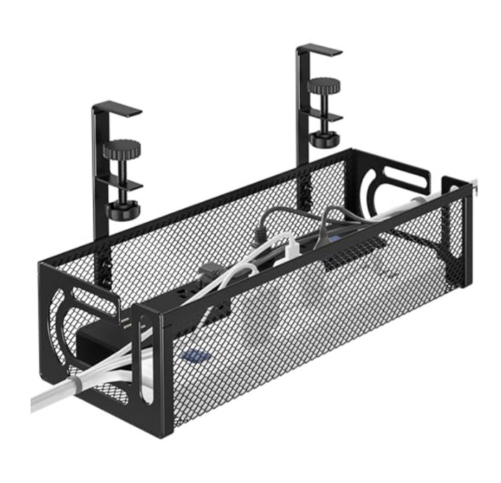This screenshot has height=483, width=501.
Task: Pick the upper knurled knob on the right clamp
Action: coord(324,86)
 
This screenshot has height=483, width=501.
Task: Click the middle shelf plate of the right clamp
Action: coord(326,115)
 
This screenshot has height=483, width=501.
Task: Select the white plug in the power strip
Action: coord(286,247)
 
